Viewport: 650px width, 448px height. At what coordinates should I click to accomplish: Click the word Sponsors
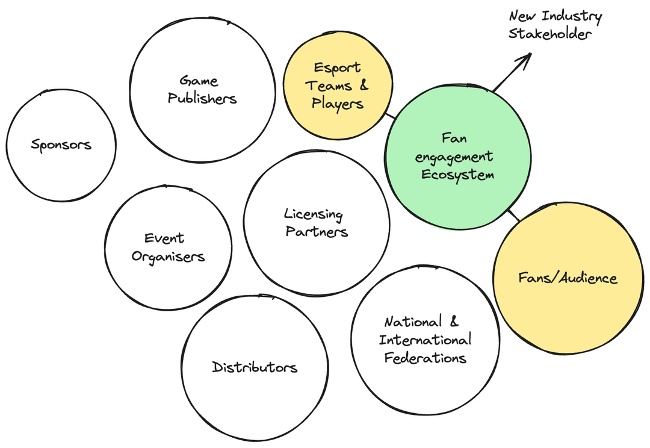61,145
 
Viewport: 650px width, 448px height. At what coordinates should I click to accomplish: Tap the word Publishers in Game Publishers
202,98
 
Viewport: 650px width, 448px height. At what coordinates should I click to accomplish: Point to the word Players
338,104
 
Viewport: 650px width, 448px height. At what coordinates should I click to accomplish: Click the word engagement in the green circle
454,157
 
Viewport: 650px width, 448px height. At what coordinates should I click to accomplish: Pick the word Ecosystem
457,175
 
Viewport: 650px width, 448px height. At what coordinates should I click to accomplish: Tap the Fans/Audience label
568,278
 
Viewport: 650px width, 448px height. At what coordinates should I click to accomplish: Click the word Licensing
314,214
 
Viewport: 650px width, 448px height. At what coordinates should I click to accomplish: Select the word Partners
317,231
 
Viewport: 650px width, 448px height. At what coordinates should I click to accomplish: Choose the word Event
164,238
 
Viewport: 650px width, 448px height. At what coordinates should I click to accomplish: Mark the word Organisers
168,257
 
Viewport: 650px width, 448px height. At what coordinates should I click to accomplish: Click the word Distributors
255,367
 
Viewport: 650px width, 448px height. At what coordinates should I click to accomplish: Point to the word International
425,340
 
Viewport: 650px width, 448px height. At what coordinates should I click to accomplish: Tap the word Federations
425,358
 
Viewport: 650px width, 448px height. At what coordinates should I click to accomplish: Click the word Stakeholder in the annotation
549,34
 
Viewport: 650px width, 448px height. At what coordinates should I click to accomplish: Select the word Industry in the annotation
572,17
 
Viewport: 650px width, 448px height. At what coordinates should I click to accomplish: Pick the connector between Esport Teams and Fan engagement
391,116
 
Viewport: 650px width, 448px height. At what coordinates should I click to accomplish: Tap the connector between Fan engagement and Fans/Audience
513,215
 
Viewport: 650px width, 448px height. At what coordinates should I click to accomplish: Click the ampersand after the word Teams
364,85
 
